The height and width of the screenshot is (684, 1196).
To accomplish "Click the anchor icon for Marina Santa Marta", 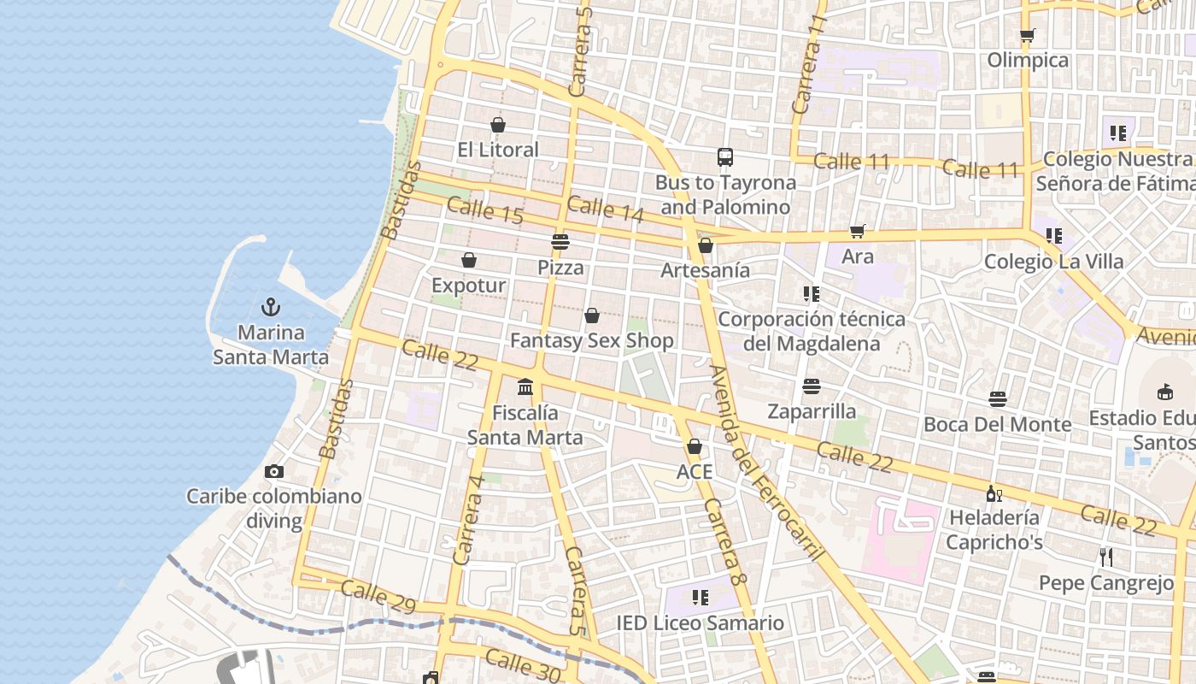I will (271, 307).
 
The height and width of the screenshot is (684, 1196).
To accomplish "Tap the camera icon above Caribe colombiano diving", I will (274, 471).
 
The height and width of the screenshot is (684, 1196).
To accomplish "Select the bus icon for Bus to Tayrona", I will (725, 156).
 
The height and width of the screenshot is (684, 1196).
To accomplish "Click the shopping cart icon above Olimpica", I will (1028, 35).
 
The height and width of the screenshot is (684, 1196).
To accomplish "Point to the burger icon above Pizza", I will (560, 242).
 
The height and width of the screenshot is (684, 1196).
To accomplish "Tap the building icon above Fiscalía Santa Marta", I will (525, 387).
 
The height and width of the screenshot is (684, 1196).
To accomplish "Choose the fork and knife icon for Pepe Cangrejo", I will (1106, 557).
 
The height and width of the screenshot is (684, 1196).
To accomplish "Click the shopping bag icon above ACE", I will (695, 446).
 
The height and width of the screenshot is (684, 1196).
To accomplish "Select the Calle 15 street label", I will (484, 211).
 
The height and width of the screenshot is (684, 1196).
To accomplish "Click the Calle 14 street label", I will (605, 209).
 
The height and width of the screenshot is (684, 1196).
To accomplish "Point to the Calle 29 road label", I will (378, 597).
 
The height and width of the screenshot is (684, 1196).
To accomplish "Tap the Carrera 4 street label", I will (469, 519).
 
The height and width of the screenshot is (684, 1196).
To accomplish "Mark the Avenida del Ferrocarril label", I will (766, 463).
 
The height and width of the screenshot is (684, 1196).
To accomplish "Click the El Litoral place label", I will (498, 150).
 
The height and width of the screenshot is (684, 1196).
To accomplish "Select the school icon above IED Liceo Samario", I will (701, 597).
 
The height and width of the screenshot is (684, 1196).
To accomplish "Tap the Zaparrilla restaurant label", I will (812, 411).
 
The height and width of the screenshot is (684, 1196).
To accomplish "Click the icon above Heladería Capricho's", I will (994, 493).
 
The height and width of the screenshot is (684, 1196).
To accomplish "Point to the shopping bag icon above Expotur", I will (469, 260).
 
